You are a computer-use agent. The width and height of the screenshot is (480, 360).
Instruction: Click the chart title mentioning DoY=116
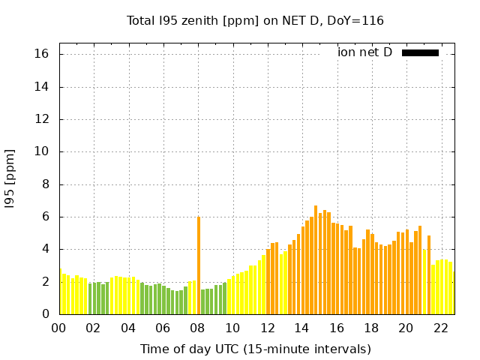[x=255, y=20]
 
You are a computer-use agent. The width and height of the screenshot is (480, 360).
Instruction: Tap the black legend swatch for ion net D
[x=420, y=52]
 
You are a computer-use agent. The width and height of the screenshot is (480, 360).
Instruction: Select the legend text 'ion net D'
[x=364, y=52]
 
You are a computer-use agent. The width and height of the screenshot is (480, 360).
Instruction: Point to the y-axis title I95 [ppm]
[x=10, y=178]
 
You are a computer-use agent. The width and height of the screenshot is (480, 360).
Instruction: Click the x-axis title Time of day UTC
[x=255, y=349]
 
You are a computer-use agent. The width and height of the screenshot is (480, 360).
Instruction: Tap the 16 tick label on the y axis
[x=41, y=54]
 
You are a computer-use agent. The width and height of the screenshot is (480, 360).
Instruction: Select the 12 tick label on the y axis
[x=41, y=119]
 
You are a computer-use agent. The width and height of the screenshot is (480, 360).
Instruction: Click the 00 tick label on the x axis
[x=59, y=328]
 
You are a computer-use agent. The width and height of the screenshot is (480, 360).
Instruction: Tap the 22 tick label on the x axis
[x=441, y=328]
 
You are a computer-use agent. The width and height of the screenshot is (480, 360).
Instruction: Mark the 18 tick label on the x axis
[x=371, y=328]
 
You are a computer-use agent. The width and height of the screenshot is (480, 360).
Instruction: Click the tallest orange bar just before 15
[x=316, y=259]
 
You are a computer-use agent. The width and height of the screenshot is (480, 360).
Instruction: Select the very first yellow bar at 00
[x=60, y=291]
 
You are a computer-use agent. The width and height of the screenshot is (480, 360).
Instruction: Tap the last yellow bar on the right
[x=450, y=288]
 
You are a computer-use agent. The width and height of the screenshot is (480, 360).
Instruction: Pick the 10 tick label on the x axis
[x=232, y=328]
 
